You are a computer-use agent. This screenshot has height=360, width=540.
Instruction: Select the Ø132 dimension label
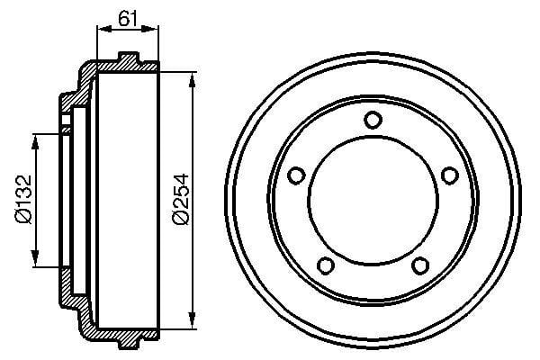point(22,200)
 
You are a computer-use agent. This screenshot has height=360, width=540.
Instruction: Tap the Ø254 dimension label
point(179,200)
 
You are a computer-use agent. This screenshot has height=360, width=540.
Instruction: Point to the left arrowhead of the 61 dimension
point(100,29)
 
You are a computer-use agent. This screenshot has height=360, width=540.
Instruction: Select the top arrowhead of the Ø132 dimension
point(37,138)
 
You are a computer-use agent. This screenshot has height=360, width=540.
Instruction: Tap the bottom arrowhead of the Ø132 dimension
point(37,263)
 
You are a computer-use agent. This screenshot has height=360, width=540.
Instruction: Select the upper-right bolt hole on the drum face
point(448,176)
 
